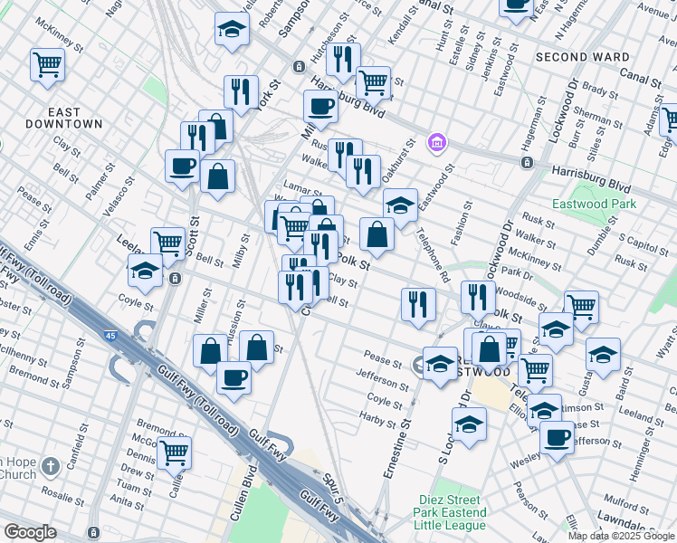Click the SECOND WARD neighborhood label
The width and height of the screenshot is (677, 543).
582,57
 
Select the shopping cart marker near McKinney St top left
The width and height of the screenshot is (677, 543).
46,64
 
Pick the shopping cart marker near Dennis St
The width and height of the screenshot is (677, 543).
174,452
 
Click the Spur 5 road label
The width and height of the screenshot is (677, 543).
331,488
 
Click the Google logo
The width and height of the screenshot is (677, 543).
30,532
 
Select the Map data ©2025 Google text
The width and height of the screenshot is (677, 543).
621,536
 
